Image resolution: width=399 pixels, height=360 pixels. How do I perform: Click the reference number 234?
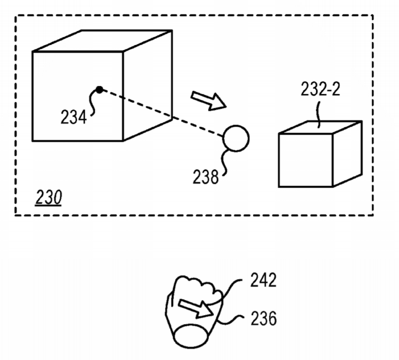coord(73,117)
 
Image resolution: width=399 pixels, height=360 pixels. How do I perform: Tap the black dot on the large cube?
coord(99,90)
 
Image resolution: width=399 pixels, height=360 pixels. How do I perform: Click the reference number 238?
coord(205,177)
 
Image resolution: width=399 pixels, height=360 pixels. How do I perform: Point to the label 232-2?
coord(320,89)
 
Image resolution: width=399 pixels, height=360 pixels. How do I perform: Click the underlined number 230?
coord(48,197)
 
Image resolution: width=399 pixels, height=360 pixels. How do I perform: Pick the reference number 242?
coord(263,280)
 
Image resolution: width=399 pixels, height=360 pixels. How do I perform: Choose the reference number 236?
coord(264,319)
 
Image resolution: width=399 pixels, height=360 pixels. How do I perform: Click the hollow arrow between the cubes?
coord(208,101)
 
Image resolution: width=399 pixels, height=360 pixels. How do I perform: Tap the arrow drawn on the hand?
coord(196,309)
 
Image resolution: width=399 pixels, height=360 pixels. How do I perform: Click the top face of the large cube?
coord(102,41)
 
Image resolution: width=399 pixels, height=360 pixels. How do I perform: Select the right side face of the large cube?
coord(148,85)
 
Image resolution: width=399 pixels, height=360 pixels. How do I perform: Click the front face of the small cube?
coord(306,160)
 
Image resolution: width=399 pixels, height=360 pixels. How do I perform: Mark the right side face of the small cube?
coord(347,154)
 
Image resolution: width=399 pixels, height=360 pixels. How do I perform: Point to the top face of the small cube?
coord(320,127)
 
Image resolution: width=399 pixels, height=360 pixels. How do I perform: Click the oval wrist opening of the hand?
coord(191,337)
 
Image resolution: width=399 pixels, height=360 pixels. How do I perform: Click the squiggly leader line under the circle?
coord(223,163)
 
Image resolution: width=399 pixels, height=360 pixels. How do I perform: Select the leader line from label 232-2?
coord(318,115)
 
